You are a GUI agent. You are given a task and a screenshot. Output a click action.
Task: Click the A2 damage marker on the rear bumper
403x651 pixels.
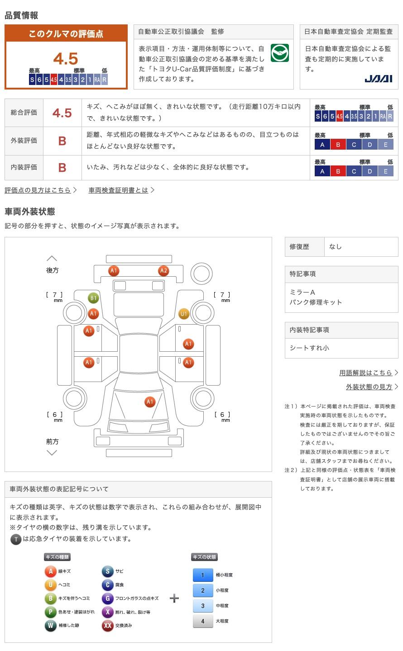163,271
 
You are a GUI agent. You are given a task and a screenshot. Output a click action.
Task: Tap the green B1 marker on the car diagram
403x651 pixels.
93,298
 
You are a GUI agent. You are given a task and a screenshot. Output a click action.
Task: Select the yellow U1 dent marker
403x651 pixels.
184,314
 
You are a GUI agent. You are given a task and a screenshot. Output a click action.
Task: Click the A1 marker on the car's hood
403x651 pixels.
150,402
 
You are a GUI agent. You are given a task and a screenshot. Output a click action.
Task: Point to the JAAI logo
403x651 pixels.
378,79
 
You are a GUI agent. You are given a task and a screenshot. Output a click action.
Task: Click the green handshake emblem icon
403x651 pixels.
279,53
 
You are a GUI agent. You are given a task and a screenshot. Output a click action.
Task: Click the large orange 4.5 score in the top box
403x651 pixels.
66,58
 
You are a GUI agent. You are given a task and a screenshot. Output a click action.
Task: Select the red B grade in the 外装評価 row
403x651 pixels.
62,141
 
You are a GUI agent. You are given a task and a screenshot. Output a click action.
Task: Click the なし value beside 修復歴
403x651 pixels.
335,247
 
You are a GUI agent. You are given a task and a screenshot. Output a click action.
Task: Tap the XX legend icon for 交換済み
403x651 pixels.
107,625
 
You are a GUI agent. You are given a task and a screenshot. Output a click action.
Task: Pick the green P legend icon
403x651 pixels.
50,612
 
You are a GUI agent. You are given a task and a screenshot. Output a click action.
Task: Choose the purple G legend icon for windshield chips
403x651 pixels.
107,598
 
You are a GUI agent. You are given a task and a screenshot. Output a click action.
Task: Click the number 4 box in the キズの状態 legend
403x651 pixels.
203,621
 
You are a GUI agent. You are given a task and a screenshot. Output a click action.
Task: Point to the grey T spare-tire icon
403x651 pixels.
16,539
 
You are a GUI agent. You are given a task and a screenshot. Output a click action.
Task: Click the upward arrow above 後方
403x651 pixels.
52,259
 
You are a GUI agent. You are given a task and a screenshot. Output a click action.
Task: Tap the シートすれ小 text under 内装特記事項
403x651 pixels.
309,348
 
